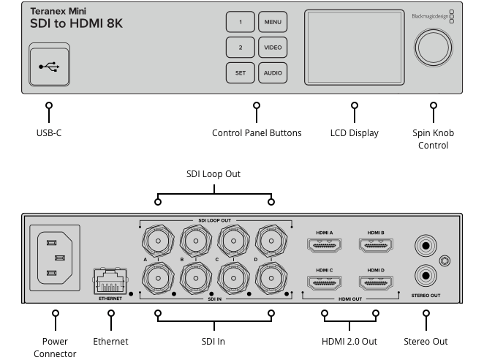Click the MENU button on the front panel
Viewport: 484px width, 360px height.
[273, 23]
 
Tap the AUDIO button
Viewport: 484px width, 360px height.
[273, 73]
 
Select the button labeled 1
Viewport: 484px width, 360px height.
[240, 23]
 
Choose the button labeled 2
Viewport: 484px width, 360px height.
[240, 48]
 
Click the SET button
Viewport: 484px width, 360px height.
[240, 73]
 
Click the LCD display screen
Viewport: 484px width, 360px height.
[355, 48]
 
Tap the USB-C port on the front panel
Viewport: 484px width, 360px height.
[50, 65]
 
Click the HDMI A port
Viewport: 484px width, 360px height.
[325, 247]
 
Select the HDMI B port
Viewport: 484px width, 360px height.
[377, 247]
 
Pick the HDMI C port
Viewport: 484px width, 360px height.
[325, 282]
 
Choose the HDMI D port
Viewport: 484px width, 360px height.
[377, 282]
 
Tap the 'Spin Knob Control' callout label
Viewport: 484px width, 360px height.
[433, 139]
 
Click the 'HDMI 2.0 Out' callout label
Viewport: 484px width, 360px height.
[349, 341]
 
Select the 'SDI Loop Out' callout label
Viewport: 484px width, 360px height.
[213, 174]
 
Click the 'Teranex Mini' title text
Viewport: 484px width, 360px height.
[63, 12]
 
